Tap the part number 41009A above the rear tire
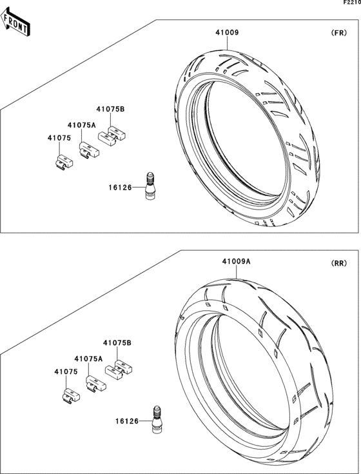click(x=236, y=261)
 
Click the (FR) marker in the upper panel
click(x=339, y=32)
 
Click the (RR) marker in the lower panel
click(x=338, y=264)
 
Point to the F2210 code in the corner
click(x=351, y=3)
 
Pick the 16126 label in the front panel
click(x=120, y=188)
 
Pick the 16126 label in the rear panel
click(x=127, y=421)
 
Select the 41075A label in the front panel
click(x=81, y=124)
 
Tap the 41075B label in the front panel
click(x=110, y=110)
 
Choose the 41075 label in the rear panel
click(x=66, y=372)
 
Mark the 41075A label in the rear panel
click(x=88, y=358)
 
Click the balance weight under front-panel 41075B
click(x=112, y=135)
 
